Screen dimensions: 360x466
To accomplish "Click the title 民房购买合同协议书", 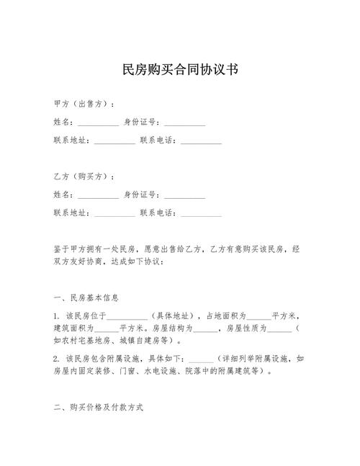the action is pyautogui.click(x=180, y=70).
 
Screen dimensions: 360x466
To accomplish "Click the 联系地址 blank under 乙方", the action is pyautogui.click(x=114, y=214).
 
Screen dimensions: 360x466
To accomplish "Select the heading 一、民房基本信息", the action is pyautogui.click(x=86, y=297).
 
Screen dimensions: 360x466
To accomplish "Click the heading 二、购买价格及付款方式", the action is pyautogui.click(x=99, y=408).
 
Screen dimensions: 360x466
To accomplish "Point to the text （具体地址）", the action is pyautogui.click(x=176, y=316).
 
